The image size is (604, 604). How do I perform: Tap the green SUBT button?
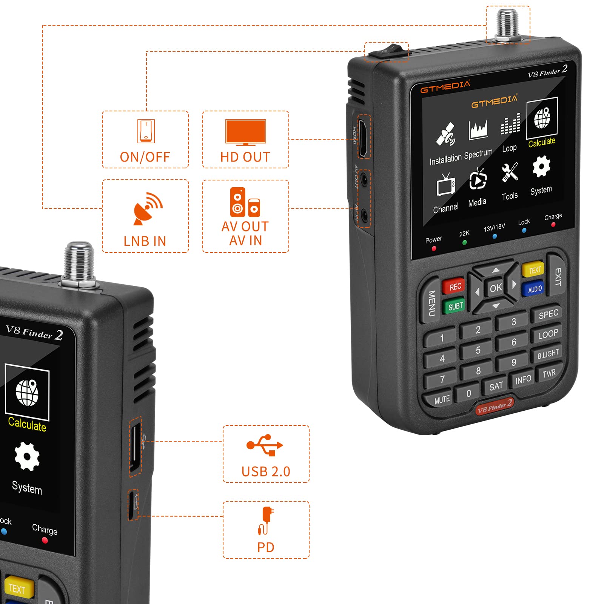[x=455, y=306]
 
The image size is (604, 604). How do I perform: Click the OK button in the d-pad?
[x=496, y=288]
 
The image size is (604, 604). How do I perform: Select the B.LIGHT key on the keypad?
[x=548, y=354]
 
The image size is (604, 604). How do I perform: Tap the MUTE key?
[x=441, y=399]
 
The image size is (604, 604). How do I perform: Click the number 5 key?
[x=478, y=350]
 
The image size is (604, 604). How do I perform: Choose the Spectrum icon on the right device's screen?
[x=478, y=130]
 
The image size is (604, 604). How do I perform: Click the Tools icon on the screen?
[x=510, y=173]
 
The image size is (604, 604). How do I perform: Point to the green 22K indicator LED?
[x=465, y=243]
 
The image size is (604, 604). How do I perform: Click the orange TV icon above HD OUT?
[x=245, y=132]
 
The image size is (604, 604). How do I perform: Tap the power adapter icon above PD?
[x=266, y=520]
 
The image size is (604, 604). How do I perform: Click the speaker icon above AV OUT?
[x=245, y=202]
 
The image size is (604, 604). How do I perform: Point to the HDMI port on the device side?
[x=363, y=138]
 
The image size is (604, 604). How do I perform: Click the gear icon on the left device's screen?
[x=27, y=456]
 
